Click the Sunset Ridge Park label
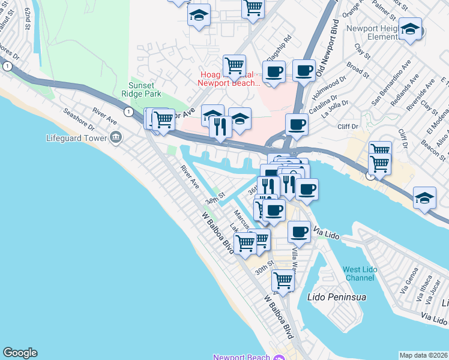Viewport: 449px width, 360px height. (146, 90)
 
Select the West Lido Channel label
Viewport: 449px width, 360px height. (360, 274)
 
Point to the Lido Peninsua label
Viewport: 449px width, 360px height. (336, 297)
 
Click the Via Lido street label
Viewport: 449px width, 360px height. (327, 233)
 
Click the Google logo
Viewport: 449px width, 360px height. (20, 353)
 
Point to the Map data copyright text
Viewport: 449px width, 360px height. (423, 355)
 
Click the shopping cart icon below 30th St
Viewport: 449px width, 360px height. (283, 279)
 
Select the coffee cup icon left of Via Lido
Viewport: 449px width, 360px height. (299, 232)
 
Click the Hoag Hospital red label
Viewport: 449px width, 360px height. (230, 79)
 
